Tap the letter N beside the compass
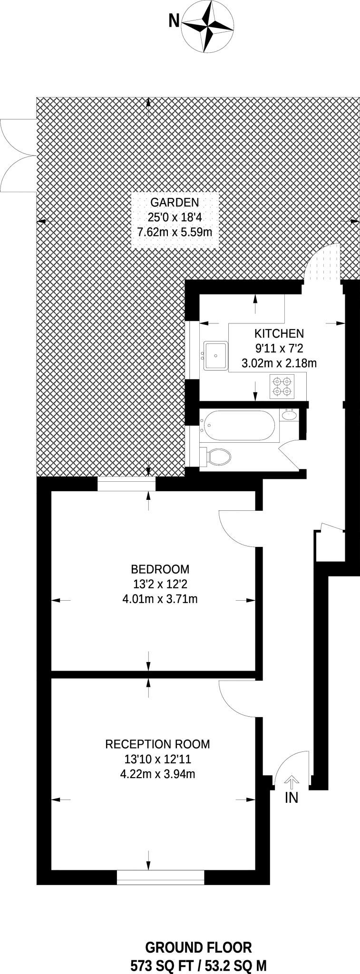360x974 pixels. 174,20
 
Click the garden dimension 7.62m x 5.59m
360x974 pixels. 175,233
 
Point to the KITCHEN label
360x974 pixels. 279,333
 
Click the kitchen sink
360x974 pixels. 216,355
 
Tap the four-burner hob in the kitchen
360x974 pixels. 282,386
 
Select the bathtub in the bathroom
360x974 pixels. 237,426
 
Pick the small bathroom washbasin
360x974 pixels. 289,415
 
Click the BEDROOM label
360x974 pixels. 160,569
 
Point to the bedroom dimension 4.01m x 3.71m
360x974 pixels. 160,599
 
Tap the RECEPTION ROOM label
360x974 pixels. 157,744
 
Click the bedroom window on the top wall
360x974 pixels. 126,485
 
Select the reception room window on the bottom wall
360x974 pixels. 160,877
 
